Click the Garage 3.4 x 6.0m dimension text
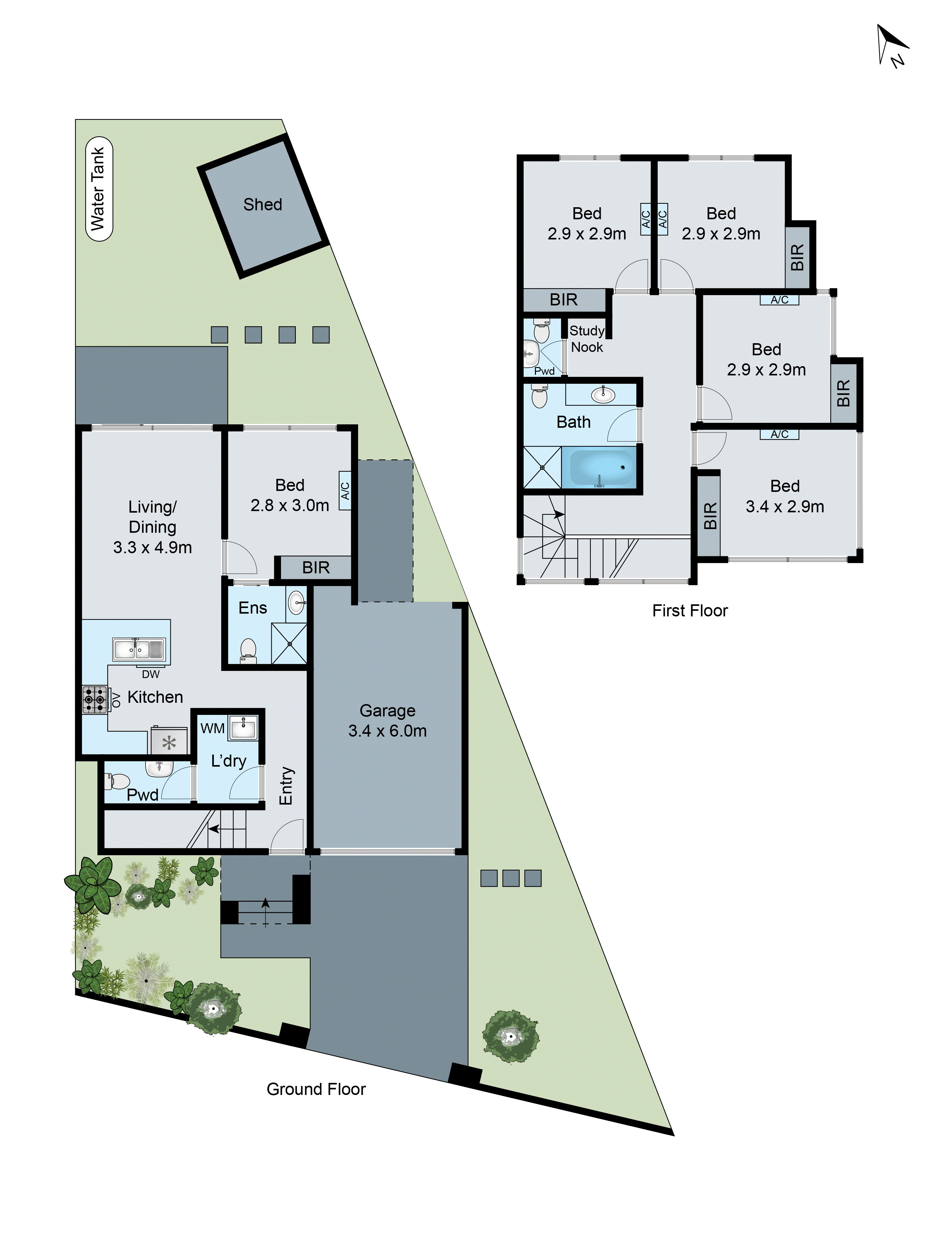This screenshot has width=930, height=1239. pyautogui.click(x=387, y=731)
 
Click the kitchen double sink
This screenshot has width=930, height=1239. pyautogui.click(x=139, y=649)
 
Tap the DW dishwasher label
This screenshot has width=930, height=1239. pyautogui.click(x=151, y=674)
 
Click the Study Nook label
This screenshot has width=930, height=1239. pyautogui.click(x=586, y=339)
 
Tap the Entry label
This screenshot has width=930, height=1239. pyautogui.click(x=286, y=786)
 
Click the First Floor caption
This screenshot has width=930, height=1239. pyautogui.click(x=690, y=611)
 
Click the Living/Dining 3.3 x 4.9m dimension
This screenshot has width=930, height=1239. pyautogui.click(x=152, y=547)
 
